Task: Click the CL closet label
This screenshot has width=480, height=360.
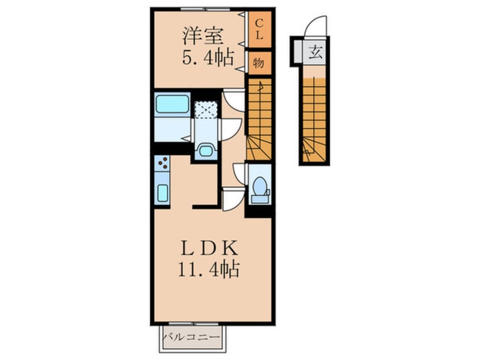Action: point(259,30)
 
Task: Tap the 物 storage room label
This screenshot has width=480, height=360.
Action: point(259,64)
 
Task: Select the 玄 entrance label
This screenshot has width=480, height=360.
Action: point(315,52)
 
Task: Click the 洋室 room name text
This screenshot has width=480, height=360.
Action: point(203,36)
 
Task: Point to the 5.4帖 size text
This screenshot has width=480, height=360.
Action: point(208,57)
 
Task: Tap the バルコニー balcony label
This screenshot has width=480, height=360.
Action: point(191,338)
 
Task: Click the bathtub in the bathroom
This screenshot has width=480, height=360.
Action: point(172,104)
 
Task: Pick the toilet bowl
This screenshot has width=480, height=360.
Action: point(260,186)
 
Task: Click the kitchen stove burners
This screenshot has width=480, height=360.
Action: point(162,163)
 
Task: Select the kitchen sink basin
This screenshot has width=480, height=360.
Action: point(162,193)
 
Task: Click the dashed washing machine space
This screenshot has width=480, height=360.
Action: point(206,110)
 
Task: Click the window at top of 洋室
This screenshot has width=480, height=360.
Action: point(205,9)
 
